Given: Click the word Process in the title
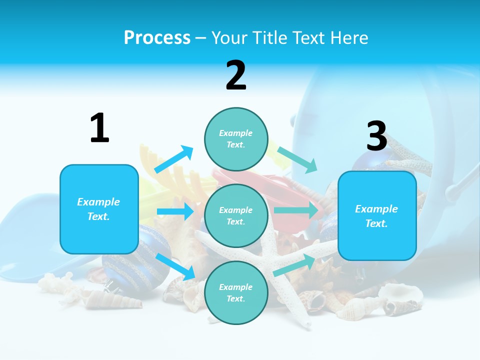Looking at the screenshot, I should (157, 38).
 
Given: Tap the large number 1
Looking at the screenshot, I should (99, 128).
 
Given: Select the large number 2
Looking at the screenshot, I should (236, 75).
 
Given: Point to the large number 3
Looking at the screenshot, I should (377, 136).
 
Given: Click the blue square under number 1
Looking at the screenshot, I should (99, 209).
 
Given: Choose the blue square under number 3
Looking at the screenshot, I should (377, 215).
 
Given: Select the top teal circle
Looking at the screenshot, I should (236, 139).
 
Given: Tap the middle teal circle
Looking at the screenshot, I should (236, 215).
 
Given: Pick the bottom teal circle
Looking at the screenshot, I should (236, 292).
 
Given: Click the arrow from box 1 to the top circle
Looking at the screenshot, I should (174, 159).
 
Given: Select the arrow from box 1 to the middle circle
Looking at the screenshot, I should (175, 211).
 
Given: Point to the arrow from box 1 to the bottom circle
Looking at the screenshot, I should (176, 266).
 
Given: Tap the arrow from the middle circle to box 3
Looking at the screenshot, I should (296, 210).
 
